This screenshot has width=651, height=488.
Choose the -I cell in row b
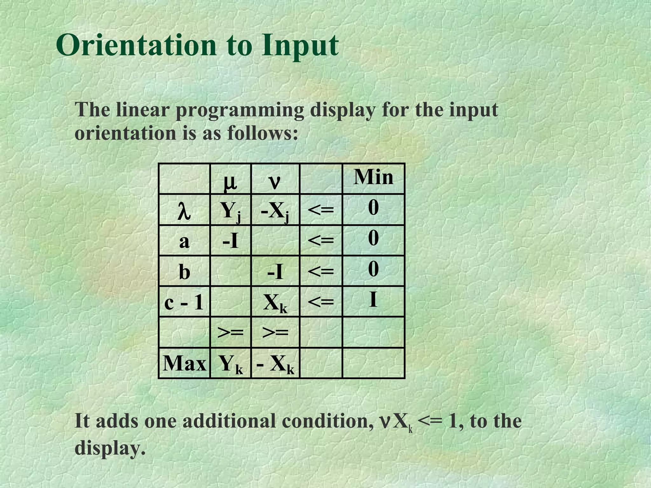point(275,272)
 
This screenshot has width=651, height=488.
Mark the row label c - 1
point(184,302)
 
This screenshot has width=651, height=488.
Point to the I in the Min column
point(373,299)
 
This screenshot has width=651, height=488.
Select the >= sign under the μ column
point(230,332)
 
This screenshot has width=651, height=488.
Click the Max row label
point(184,363)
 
